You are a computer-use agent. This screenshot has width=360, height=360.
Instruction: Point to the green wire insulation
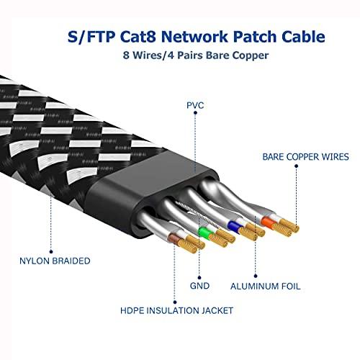(x=204, y=234)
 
